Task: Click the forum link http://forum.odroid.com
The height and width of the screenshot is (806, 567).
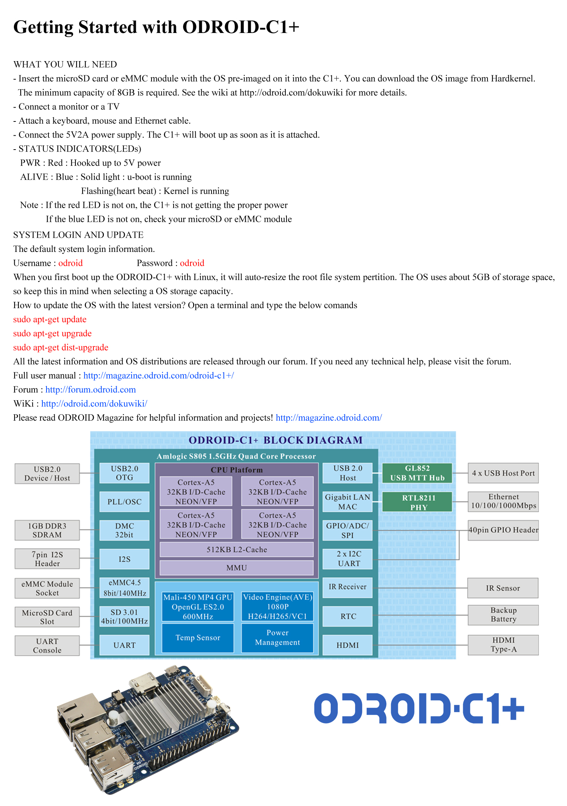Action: click(90, 390)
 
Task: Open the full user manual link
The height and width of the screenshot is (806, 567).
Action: click(158, 375)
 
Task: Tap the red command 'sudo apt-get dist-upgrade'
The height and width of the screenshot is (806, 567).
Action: click(61, 348)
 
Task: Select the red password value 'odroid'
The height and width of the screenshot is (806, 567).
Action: click(192, 263)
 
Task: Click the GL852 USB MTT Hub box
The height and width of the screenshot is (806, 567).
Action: click(417, 473)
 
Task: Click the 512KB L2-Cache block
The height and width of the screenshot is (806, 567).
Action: click(236, 550)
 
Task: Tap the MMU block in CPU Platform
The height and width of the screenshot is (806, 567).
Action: click(236, 568)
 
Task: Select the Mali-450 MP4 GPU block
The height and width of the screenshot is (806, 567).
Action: click(198, 607)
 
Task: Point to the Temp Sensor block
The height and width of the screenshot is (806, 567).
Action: click(198, 638)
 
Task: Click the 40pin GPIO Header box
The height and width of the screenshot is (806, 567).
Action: click(503, 530)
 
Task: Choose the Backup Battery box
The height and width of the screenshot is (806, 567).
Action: click(503, 615)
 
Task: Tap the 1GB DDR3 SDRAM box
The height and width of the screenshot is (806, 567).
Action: click(47, 530)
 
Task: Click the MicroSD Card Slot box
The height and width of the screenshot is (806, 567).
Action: click(47, 617)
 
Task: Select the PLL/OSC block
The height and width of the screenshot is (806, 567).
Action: click(124, 502)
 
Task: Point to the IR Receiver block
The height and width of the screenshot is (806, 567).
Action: click(347, 587)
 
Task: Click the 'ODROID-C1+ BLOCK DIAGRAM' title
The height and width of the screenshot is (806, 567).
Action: click(275, 440)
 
